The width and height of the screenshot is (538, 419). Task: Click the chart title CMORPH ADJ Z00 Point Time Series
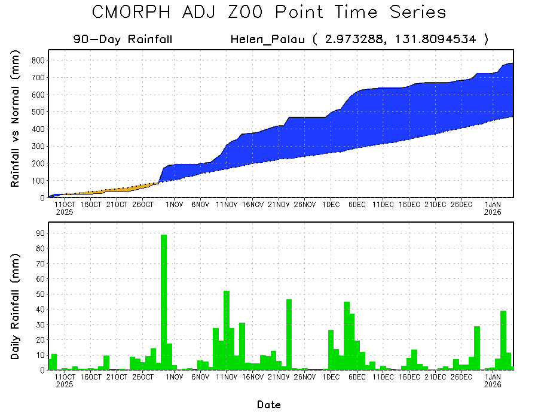[x=269, y=12]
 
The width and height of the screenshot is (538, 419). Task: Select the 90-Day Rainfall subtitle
[x=123, y=40]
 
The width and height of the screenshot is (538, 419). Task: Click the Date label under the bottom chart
[x=269, y=405]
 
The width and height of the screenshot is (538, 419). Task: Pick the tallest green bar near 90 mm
[x=164, y=302]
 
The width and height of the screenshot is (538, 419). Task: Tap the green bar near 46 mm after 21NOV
[x=289, y=335]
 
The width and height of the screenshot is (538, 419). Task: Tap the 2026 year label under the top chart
[x=493, y=212]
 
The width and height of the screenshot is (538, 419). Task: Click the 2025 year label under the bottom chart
[x=64, y=385]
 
